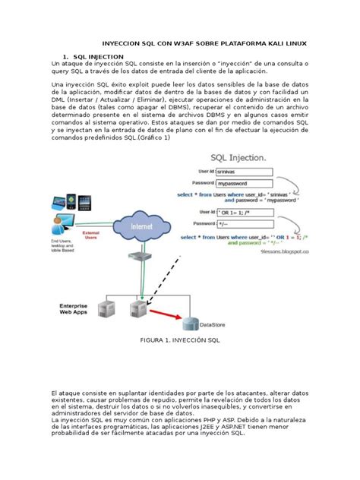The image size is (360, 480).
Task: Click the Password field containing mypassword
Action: [243, 184]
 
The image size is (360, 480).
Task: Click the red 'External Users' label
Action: [91, 236]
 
